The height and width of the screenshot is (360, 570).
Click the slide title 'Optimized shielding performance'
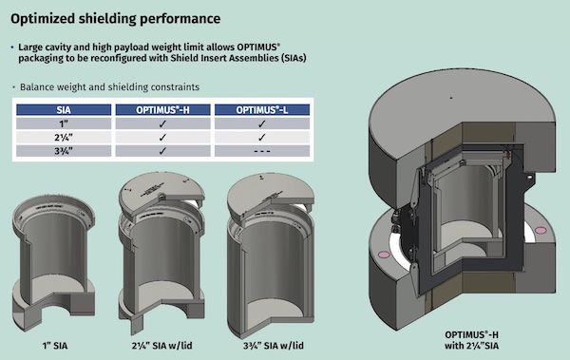[x=115, y=19]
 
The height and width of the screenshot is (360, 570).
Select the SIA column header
[x=64, y=110]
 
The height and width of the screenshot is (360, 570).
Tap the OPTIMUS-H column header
[x=162, y=110]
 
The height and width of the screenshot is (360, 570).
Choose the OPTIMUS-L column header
[x=262, y=110]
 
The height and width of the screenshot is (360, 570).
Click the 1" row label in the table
[x=64, y=123]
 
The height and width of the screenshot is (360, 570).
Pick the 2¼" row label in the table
[x=64, y=138]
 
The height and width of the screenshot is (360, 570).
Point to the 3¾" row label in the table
[x=64, y=151]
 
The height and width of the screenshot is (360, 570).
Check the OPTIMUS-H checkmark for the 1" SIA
[x=162, y=123]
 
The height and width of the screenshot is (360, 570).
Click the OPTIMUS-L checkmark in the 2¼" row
[x=262, y=138]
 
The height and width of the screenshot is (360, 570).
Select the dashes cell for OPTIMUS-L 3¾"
[x=262, y=151]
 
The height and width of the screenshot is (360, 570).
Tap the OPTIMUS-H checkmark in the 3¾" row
[x=162, y=151]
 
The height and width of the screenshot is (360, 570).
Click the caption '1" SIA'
[x=54, y=346]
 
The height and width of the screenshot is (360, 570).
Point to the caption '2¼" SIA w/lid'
[x=162, y=346]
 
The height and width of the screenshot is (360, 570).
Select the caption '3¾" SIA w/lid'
[x=274, y=346]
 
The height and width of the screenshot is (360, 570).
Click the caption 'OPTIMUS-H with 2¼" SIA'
[x=471, y=340]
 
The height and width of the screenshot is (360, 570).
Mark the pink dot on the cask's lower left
[x=383, y=255]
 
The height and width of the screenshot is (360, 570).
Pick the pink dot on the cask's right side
[x=541, y=230]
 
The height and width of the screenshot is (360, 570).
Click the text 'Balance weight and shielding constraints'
[x=109, y=87]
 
